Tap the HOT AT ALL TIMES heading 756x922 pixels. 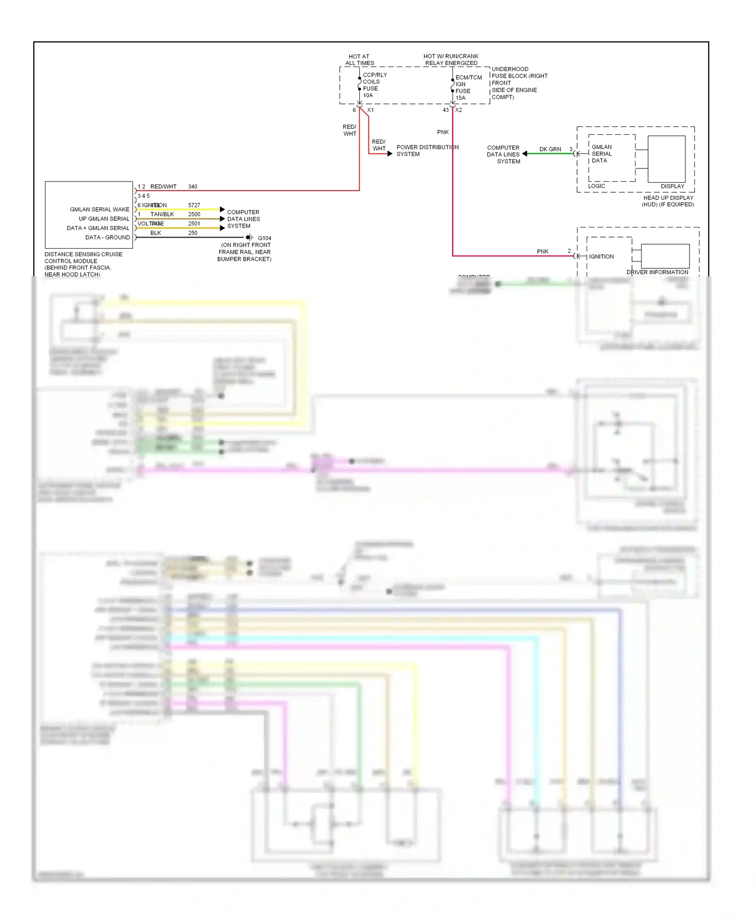tap(359, 60)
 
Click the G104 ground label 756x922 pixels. tap(264, 238)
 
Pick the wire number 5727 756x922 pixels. tap(194, 205)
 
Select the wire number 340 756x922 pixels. tap(193, 187)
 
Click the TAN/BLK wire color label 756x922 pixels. tap(162, 214)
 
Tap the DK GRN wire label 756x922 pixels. tap(550, 149)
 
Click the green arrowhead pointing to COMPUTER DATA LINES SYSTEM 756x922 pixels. tap(525, 153)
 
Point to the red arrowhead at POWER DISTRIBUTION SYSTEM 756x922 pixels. tap(390, 153)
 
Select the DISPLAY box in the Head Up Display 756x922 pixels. tap(666, 159)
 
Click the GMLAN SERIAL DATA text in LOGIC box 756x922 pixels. tap(601, 154)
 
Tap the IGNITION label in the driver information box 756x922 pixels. tap(601, 257)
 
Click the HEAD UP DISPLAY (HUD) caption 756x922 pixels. tap(668, 201)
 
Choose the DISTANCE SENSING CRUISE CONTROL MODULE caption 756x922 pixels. tap(83, 264)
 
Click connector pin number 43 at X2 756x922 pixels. tap(446, 110)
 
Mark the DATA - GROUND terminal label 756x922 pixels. tap(107, 238)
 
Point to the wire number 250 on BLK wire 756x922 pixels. tap(193, 233)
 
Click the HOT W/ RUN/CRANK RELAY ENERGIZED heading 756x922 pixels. tap(451, 60)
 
